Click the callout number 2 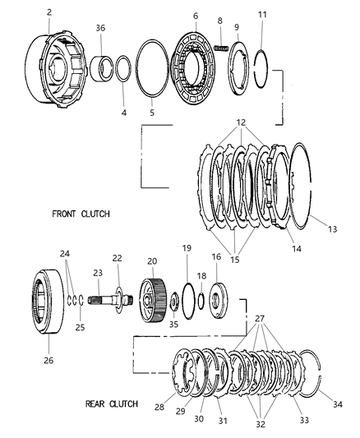pos(49,12)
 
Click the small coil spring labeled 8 pos(221,48)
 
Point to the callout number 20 pos(150,260)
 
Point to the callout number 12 pos(240,122)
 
